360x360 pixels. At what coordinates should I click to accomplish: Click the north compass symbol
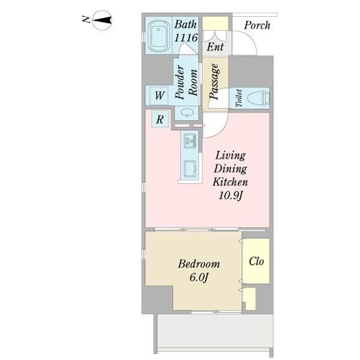[x=102, y=20]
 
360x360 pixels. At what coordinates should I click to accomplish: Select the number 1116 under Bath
[x=186, y=38]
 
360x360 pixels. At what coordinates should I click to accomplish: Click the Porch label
[x=257, y=25]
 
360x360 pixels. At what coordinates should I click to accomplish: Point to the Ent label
[x=215, y=47]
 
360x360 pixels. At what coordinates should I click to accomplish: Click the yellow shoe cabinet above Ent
[x=215, y=23]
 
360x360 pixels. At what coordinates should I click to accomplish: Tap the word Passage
[x=214, y=82]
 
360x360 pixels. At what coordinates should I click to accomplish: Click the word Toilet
[x=239, y=98]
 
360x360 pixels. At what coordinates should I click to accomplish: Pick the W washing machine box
[x=159, y=95]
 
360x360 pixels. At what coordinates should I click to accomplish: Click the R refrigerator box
[x=160, y=119]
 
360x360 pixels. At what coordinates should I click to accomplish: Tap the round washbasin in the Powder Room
[x=187, y=113]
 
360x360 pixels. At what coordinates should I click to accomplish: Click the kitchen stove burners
[x=190, y=140]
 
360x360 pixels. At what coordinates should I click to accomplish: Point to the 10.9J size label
[x=230, y=196]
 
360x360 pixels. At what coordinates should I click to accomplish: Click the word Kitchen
[x=230, y=182]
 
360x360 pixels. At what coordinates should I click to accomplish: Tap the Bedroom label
[x=199, y=264]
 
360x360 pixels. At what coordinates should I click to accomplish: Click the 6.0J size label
[x=199, y=278]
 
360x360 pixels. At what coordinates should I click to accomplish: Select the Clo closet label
[x=256, y=261]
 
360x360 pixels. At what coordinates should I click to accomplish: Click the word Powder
[x=180, y=82]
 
